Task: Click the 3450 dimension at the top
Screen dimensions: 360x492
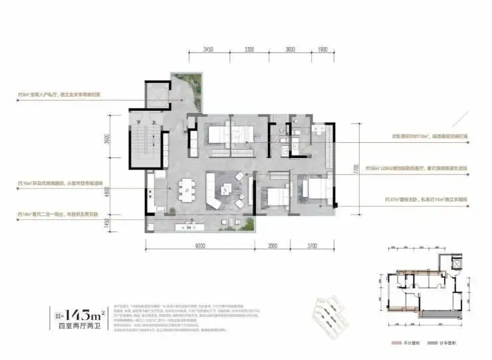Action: point(207,50)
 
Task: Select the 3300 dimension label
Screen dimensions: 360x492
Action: point(249,50)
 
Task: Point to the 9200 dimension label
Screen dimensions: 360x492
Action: point(199,244)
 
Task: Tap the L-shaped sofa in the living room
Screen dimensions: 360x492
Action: point(217,194)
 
